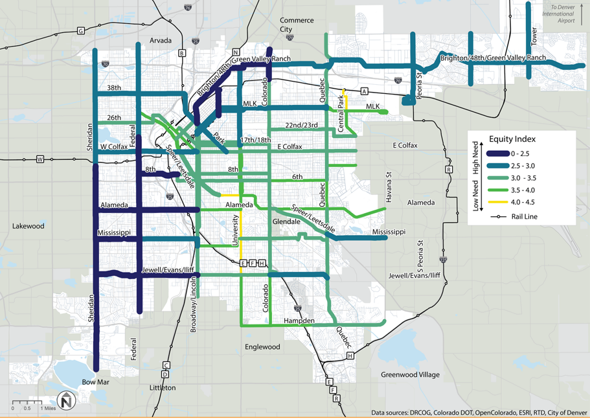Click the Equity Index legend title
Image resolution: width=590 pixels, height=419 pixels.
coord(512,139)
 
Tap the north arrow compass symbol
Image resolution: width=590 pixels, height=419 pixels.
coord(65,401)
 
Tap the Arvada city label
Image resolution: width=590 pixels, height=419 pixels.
coord(161,41)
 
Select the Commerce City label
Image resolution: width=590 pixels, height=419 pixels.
coord(296,25)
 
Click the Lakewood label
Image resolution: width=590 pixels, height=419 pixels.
coord(28,226)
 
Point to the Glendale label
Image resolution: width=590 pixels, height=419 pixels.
coord(286,221)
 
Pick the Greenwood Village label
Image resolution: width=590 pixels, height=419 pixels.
coord(409,375)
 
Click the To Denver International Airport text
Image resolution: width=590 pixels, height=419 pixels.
coord(558,14)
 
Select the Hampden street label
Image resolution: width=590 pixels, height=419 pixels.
coord(299,321)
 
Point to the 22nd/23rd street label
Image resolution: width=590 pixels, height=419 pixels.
coord(302,125)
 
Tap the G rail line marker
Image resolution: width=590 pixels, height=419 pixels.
coord(80,30)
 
